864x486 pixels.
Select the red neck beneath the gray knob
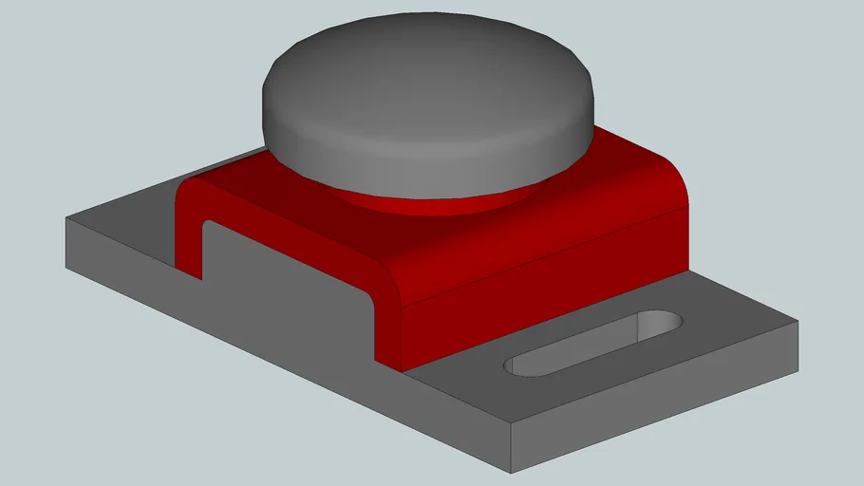click(x=427, y=201)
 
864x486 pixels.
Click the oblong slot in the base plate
click(x=593, y=343)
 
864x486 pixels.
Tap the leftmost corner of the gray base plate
click(x=66, y=220)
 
